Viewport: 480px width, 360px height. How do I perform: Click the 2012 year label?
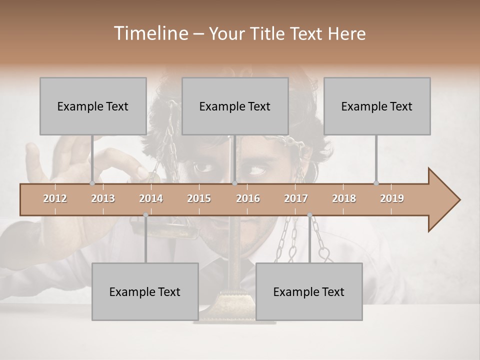(55, 198)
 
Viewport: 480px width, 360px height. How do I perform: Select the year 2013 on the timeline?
(103, 198)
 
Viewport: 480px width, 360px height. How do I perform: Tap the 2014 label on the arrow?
(151, 198)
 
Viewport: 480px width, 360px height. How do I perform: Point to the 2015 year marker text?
(199, 198)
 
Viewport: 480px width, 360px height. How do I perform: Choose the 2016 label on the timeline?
(248, 198)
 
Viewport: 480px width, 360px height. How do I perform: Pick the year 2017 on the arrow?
(296, 198)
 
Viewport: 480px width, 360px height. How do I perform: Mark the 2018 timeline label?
(344, 198)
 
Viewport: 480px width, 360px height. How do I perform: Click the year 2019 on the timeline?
(392, 198)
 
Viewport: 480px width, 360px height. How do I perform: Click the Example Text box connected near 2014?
(145, 291)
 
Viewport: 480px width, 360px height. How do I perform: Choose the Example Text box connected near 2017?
(309, 291)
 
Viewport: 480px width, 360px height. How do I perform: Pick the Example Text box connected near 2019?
(377, 106)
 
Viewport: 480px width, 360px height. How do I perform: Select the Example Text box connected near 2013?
(93, 106)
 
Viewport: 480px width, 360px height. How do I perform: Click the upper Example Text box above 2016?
(235, 106)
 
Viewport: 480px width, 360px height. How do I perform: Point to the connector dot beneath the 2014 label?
(145, 215)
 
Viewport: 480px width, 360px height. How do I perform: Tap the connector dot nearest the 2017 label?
(309, 215)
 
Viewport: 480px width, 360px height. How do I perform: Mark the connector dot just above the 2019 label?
(376, 183)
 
